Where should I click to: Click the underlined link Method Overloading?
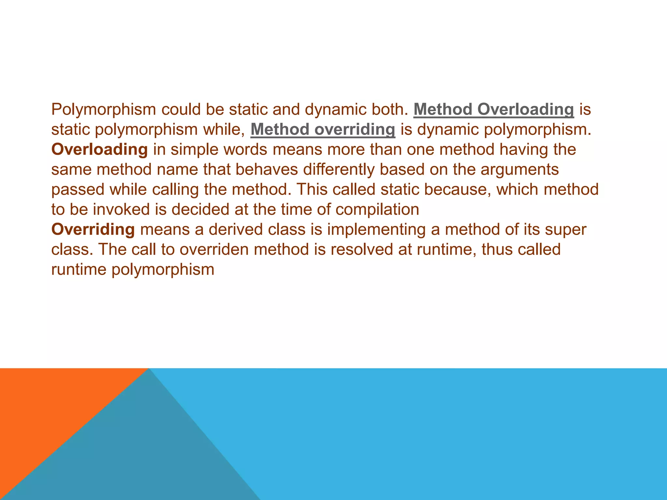pyautogui.click(x=493, y=109)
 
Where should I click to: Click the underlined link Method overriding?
pyautogui.click(x=323, y=130)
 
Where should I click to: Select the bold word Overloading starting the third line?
pyautogui.click(x=100, y=150)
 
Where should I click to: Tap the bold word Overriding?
pyautogui.click(x=93, y=229)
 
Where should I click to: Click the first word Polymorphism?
pyautogui.click(x=104, y=110)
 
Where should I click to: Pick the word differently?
pyautogui.click(x=339, y=170)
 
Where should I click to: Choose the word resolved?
pyautogui.click(x=361, y=250)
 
